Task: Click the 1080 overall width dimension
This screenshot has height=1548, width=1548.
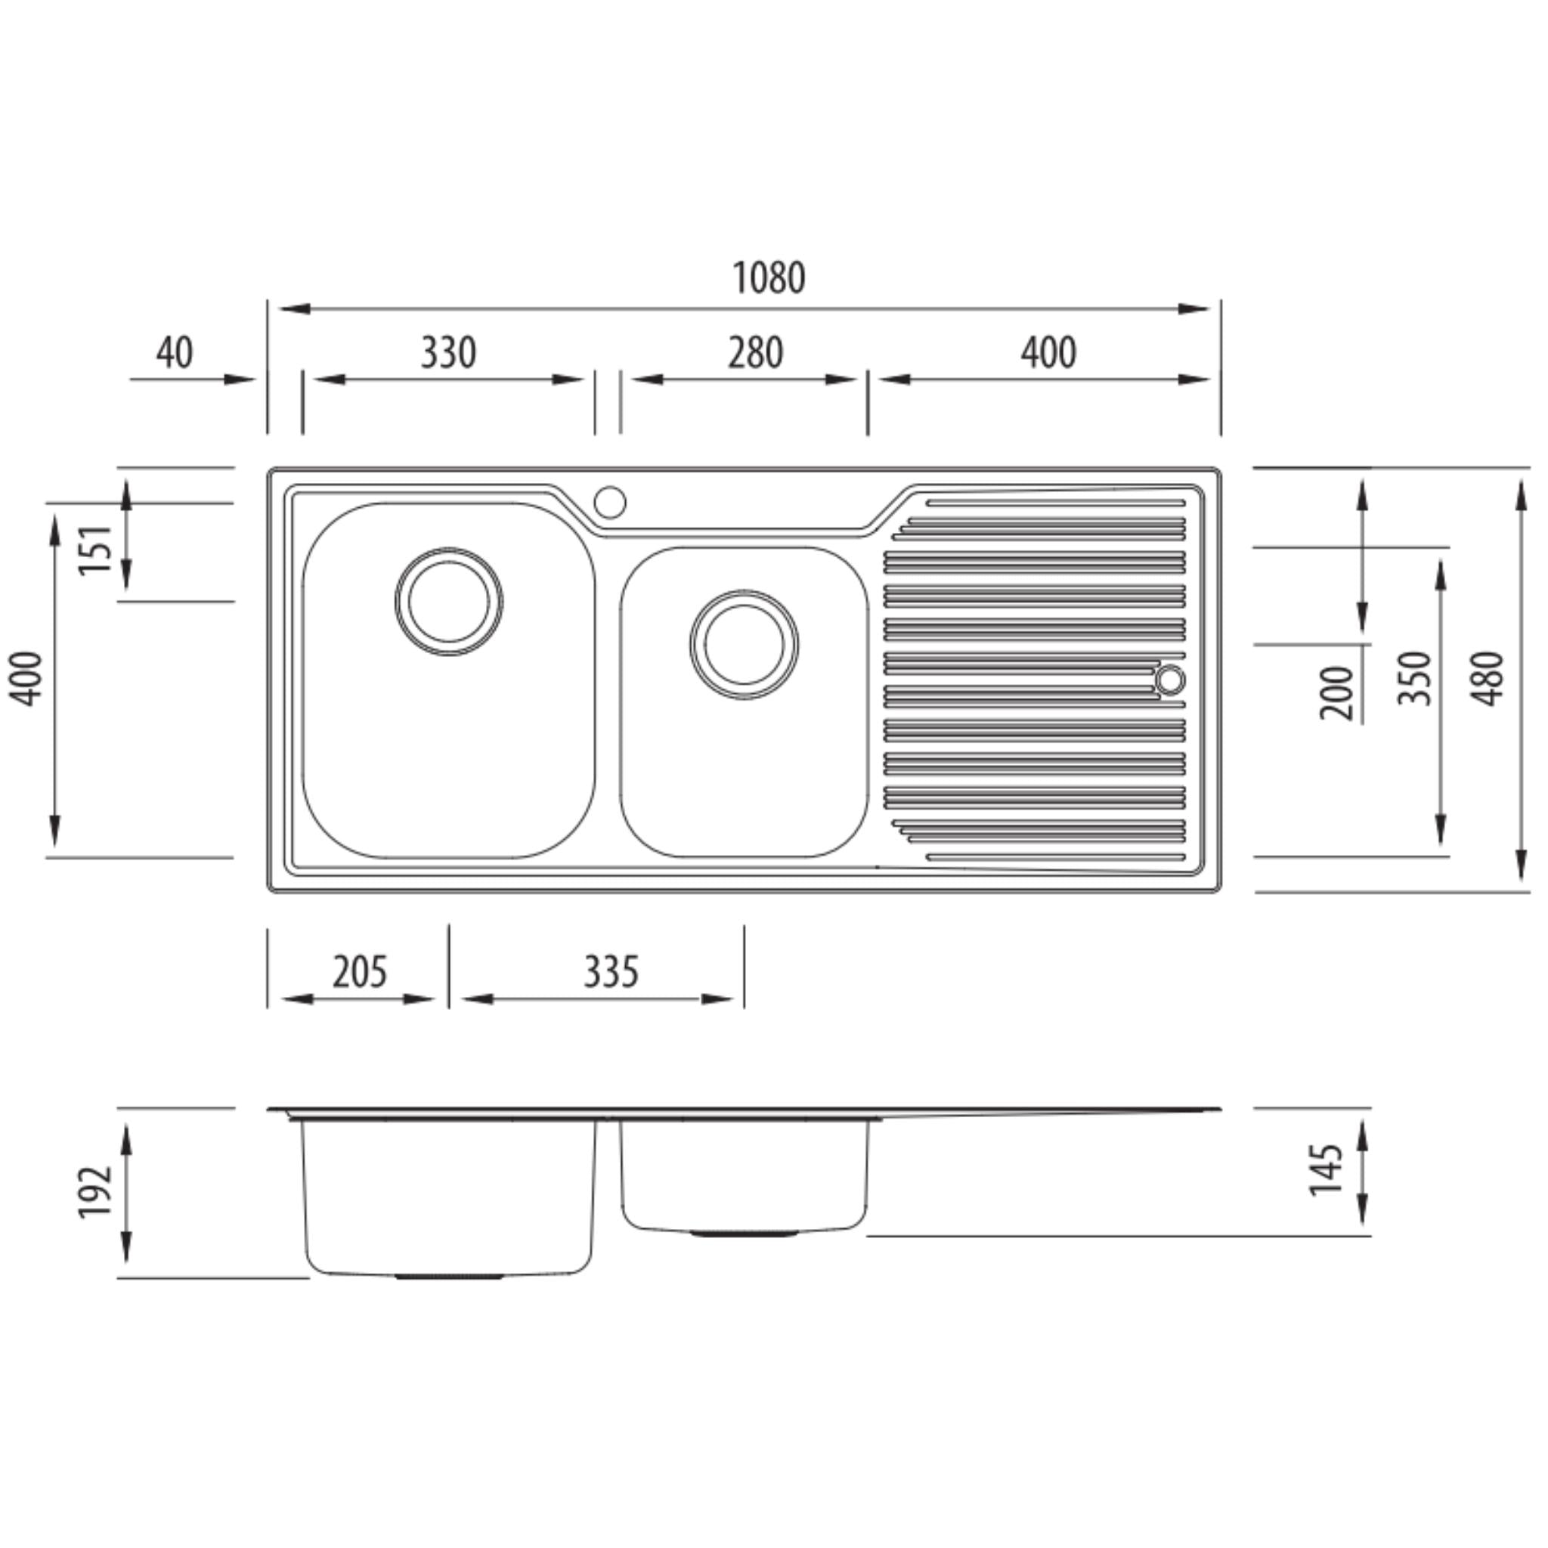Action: (769, 278)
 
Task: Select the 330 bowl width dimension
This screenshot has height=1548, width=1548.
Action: (448, 352)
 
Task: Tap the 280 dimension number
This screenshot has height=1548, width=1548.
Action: (755, 352)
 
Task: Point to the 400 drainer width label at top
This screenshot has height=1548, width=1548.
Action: (1048, 352)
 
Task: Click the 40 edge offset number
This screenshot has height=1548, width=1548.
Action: (174, 352)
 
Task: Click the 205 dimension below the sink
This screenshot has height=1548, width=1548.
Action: (359, 972)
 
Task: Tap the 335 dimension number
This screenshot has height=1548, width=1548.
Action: (611, 972)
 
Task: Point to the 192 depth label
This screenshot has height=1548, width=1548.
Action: (95, 1191)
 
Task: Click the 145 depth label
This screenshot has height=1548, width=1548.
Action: (1326, 1170)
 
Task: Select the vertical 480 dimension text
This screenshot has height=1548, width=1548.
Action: (1490, 679)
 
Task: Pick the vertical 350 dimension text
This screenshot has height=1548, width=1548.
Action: (1413, 679)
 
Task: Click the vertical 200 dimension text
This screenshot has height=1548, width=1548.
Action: (1336, 692)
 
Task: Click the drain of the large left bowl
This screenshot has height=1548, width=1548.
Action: (449, 601)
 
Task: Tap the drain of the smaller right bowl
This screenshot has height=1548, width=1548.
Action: (744, 644)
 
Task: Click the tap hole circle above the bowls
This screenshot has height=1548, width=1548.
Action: (609, 502)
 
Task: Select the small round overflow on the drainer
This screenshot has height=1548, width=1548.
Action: (1170, 680)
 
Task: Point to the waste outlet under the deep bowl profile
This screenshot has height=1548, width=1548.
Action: (449, 1277)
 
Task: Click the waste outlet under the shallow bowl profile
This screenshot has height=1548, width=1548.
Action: (744, 1234)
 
